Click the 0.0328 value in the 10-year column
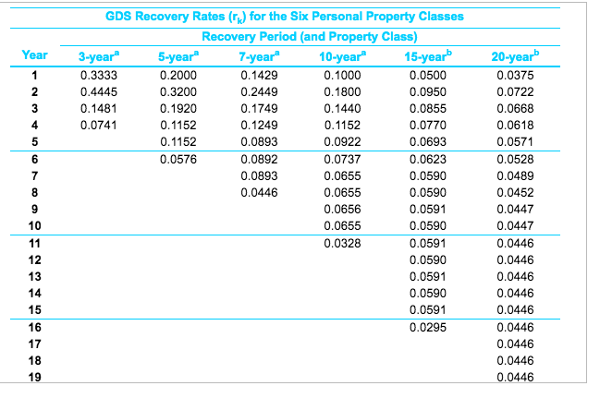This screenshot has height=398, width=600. tap(337, 243)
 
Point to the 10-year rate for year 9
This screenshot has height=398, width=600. tap(337, 209)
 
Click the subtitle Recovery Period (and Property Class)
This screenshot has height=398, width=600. tap(309, 36)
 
